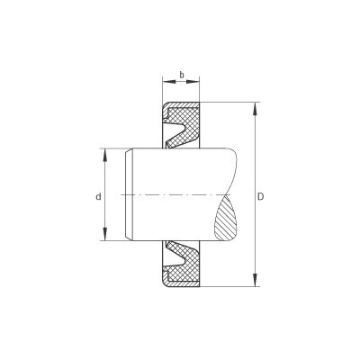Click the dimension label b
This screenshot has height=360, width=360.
pos(182,75)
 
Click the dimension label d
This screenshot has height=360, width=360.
pos(98,197)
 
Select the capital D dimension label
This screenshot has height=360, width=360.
pos(261,197)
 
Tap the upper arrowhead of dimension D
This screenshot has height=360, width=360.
pos(255,109)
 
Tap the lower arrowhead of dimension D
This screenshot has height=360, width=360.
pos(255,280)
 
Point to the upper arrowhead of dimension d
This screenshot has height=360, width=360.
pos(104,155)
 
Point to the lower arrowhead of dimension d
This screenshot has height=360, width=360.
pos(104,234)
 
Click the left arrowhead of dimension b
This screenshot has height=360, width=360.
pos(169,81)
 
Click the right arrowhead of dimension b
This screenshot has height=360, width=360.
pos(193,81)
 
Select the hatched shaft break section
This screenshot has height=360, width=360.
pos(226,218)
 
